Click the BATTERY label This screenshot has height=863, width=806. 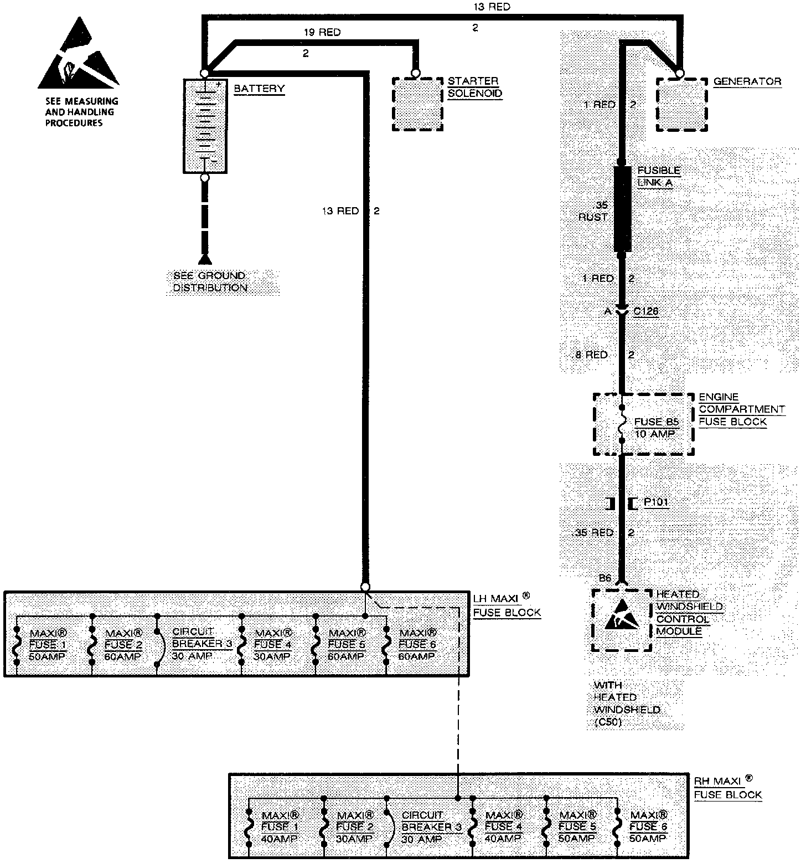259,89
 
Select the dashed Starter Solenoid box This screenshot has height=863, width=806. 417,104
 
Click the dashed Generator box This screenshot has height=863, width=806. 681,105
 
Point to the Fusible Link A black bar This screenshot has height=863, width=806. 623,209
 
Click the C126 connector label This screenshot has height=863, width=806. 645,311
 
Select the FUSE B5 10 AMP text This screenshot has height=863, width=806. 656,428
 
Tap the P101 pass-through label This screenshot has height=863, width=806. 656,502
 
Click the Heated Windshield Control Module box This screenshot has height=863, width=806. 622,620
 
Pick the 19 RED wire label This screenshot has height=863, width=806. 322,32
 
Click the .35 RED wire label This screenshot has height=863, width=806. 595,533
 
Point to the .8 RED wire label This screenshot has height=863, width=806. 592,355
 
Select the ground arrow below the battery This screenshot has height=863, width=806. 205,259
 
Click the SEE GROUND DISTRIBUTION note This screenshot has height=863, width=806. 210,282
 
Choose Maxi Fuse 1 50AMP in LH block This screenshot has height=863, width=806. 47,645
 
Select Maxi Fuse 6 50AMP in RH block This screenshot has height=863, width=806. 648,826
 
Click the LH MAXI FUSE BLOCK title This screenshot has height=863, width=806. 507,605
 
